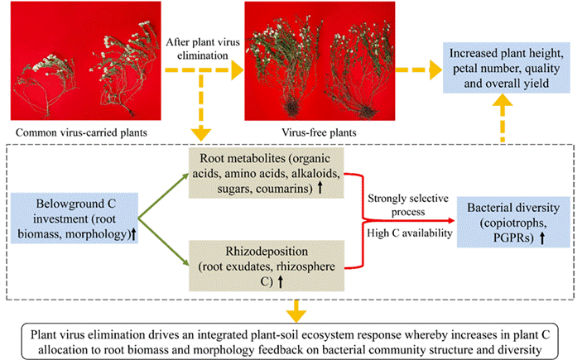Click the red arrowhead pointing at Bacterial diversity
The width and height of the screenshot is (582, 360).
point(449,221)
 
